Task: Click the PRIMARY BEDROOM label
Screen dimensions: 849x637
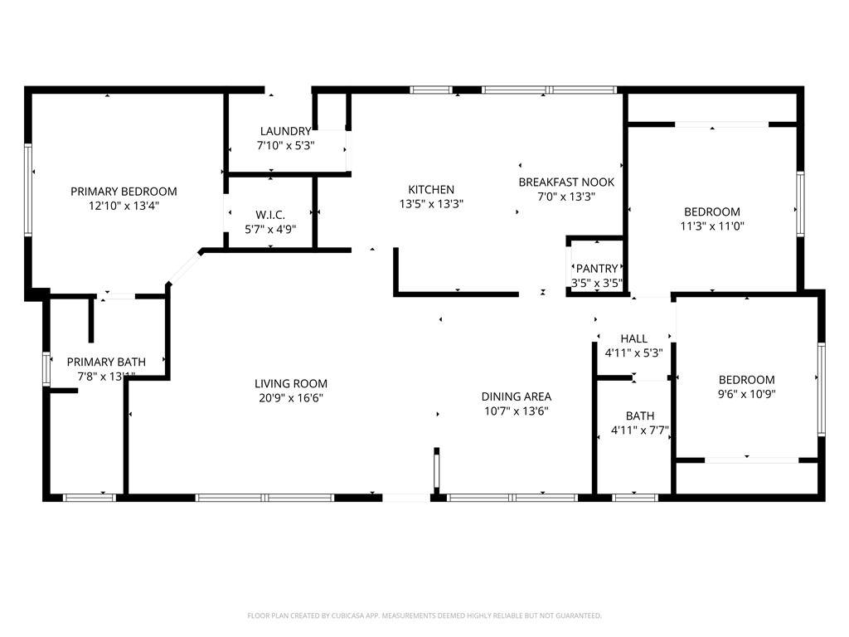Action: [124, 192]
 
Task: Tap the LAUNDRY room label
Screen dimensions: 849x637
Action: [285, 131]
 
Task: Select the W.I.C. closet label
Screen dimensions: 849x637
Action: [270, 215]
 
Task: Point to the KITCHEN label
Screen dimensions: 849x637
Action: [431, 190]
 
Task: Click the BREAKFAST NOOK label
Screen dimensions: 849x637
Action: [566, 182]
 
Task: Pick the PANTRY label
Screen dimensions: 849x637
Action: [597, 268]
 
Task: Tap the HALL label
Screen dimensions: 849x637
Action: [634, 338]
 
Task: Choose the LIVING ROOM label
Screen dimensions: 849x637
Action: [291, 383]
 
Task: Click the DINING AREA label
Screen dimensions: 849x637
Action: [516, 396]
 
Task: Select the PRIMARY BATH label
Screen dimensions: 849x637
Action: [106, 362]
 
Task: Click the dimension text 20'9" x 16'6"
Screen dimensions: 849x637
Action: [291, 398]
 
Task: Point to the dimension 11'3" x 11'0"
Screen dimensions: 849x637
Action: [712, 226]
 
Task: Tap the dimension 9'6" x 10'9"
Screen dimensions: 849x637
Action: [747, 394]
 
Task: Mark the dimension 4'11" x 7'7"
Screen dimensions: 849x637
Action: [640, 430]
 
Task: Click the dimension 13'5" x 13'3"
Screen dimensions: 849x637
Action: [431, 204]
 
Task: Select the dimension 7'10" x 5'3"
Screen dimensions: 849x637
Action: [285, 146]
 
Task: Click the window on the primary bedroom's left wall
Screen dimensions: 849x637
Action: [28, 189]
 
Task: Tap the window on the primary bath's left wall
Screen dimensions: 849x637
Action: [46, 369]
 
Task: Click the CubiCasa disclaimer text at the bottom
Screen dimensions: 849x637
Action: [424, 615]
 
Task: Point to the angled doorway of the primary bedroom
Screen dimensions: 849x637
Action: [184, 268]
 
